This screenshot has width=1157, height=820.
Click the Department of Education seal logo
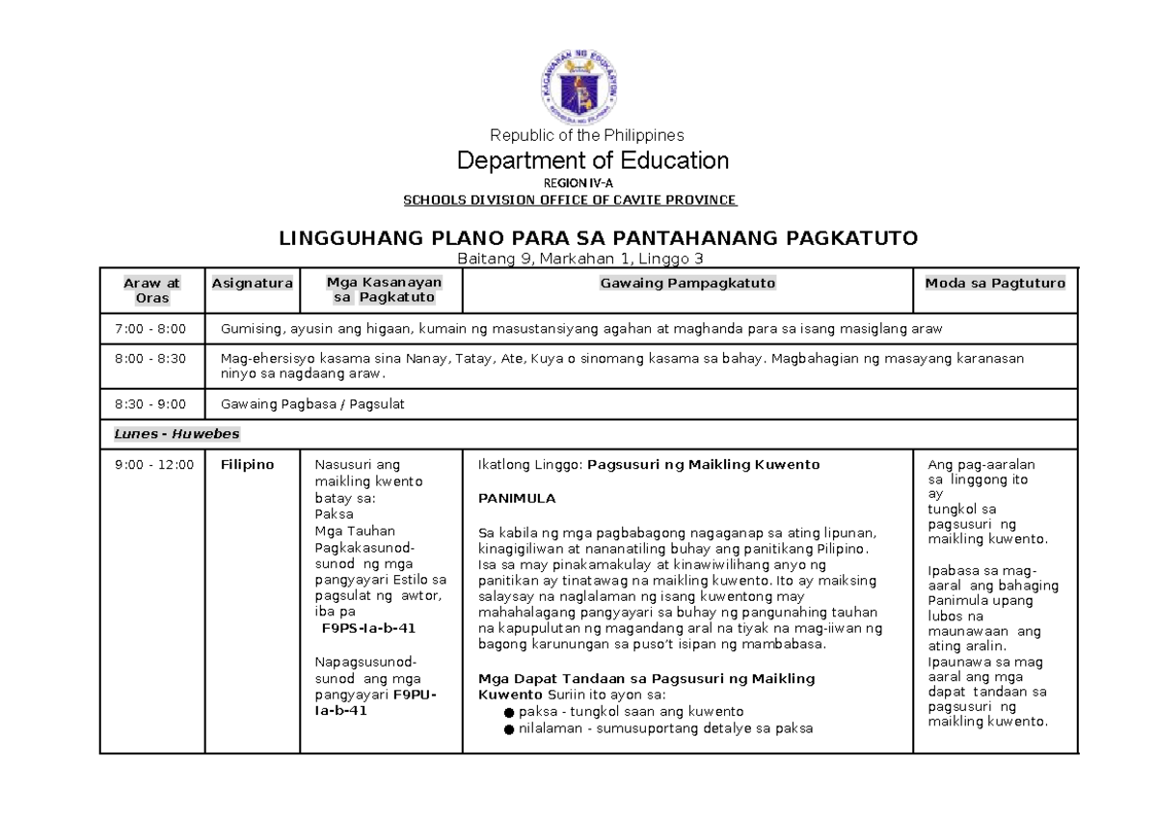pyautogui.click(x=578, y=88)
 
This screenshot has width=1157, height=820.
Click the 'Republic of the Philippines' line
pyautogui.click(x=587, y=135)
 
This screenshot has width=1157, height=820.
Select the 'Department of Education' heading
pyautogui.click(x=592, y=159)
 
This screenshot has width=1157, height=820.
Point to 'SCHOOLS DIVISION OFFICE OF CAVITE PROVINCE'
pyautogui.click(x=569, y=200)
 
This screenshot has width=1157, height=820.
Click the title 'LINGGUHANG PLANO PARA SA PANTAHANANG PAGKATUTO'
pyautogui.click(x=599, y=237)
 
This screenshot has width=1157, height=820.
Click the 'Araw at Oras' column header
pyautogui.click(x=152, y=290)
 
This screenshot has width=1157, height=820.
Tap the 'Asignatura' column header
pyautogui.click(x=253, y=283)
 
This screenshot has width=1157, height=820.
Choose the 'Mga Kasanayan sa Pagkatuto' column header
pyautogui.click(x=383, y=289)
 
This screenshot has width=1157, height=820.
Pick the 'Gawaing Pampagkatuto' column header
pyautogui.click(x=687, y=283)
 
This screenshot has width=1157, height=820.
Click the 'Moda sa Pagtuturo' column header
pyautogui.click(x=995, y=283)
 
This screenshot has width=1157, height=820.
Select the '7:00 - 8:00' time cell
pyautogui.click(x=150, y=329)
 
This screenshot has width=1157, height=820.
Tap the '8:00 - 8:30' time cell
pyautogui.click(x=150, y=358)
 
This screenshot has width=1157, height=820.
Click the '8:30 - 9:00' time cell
pyautogui.click(x=150, y=404)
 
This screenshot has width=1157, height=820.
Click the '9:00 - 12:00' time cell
pyautogui.click(x=154, y=465)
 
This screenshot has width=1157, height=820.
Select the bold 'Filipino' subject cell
pyautogui.click(x=247, y=465)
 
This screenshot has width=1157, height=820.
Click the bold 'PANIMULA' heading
pyautogui.click(x=517, y=499)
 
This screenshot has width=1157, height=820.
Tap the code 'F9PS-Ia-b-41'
pyautogui.click(x=368, y=628)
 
